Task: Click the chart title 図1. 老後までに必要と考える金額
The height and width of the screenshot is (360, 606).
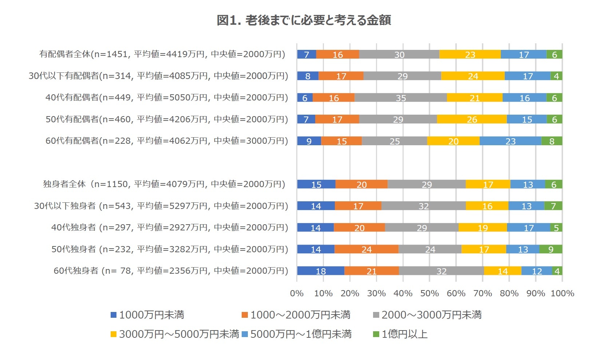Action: tap(304, 20)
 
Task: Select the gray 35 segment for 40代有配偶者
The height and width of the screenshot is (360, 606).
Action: tap(400, 98)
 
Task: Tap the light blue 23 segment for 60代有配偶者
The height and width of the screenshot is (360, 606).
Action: tap(510, 141)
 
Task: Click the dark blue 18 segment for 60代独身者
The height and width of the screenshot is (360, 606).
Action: tap(321, 271)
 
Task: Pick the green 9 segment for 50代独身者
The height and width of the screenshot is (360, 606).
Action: tap(551, 249)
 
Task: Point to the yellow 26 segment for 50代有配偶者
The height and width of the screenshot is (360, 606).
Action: tap(472, 119)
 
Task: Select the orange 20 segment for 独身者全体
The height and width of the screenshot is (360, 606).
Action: tap(361, 184)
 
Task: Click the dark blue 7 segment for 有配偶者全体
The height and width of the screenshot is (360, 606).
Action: tap(306, 54)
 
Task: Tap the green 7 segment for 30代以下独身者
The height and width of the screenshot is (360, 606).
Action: tap(553, 206)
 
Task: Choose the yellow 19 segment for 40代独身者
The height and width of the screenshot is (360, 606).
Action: tap(483, 228)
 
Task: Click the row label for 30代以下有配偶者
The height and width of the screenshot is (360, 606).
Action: tap(158, 76)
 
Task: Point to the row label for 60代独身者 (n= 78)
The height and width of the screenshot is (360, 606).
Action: tap(171, 271)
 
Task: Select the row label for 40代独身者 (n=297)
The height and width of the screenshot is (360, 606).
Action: tap(170, 228)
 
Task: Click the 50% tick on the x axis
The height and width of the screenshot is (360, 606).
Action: tap(429, 293)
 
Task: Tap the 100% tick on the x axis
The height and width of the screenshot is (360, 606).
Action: tap(562, 293)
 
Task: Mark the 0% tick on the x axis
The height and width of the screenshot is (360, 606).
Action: tap(297, 293)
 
